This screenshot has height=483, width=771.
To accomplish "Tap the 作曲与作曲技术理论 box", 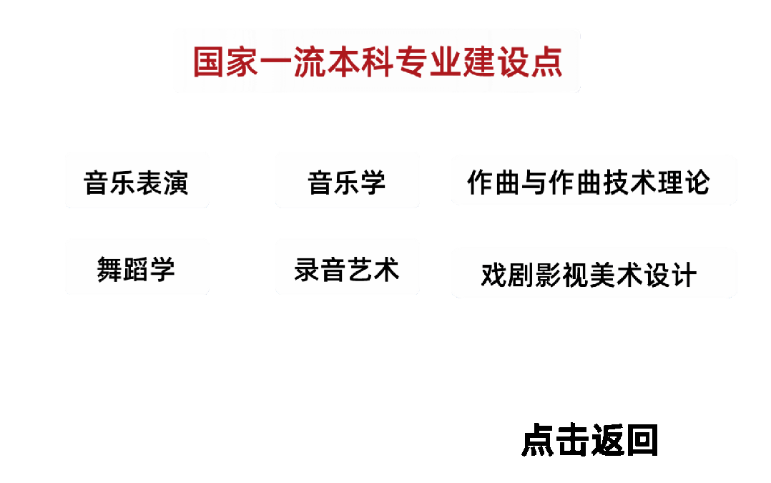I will pyautogui.click(x=594, y=180).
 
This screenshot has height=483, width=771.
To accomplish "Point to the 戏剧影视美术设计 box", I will pyautogui.click(x=594, y=273).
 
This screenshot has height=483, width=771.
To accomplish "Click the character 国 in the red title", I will pyautogui.click(x=210, y=62).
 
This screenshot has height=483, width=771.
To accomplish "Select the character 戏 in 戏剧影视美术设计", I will pyautogui.click(x=493, y=275).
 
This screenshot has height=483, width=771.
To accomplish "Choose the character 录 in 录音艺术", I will pyautogui.click(x=308, y=270).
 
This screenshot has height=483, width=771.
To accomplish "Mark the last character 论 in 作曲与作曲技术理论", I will pyautogui.click(x=696, y=182).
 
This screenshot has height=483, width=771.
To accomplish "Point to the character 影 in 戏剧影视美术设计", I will pyautogui.click(x=548, y=275).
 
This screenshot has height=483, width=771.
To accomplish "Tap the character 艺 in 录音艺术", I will pyautogui.click(x=360, y=270).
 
